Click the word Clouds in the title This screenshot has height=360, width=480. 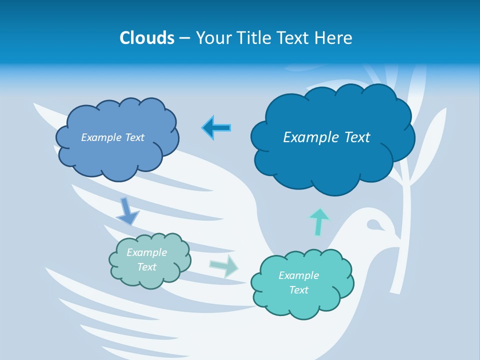pyautogui.click(x=146, y=38)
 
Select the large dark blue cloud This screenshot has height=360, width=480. pyautogui.click(x=332, y=165)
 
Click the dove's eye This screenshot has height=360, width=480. pyautogui.click(x=372, y=224)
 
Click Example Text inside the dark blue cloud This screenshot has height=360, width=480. pyautogui.click(x=326, y=137)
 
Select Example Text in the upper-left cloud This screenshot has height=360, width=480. pyautogui.click(x=112, y=137)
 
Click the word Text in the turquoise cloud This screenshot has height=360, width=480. pyautogui.click(x=298, y=290)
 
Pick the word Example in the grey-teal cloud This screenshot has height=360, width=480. pyautogui.click(x=146, y=252)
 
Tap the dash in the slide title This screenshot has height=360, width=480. pyautogui.click(x=184, y=38)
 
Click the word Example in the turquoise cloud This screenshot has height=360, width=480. pyautogui.click(x=298, y=275)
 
